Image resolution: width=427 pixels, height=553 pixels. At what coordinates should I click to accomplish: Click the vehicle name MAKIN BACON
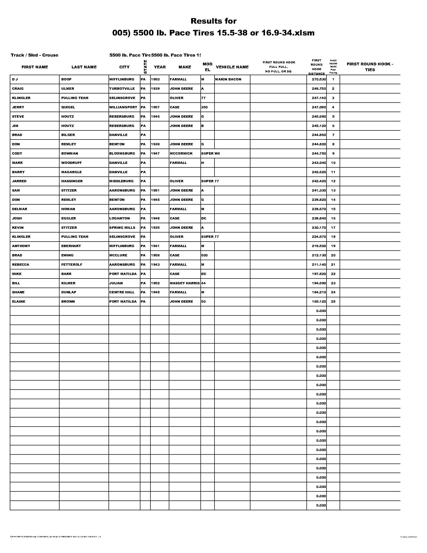click(x=228, y=79)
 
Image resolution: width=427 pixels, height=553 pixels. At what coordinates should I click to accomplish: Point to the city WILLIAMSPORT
click(x=123, y=107)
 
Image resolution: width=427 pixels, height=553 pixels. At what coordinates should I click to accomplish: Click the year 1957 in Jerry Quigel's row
click(x=155, y=107)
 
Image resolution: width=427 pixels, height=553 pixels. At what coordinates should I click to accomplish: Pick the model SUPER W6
click(x=210, y=153)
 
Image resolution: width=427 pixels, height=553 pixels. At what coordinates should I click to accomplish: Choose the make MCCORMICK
click(x=181, y=153)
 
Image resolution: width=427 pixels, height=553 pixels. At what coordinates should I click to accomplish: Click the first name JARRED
click(x=19, y=181)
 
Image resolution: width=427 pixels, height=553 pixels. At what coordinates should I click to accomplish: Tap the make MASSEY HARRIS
click(x=184, y=283)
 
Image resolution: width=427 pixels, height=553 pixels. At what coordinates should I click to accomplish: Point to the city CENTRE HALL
click(x=122, y=292)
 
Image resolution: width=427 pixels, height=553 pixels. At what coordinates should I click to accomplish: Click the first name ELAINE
click(x=19, y=302)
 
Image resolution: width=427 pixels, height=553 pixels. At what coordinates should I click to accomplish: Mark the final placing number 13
click(x=333, y=191)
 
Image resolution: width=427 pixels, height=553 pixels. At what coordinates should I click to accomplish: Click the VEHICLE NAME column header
click(x=232, y=67)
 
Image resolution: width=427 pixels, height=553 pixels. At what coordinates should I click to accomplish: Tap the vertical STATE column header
click(x=145, y=67)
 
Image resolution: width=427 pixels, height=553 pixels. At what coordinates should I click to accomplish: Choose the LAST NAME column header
click(x=84, y=67)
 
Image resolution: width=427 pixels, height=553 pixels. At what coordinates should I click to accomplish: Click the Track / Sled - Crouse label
click(x=34, y=55)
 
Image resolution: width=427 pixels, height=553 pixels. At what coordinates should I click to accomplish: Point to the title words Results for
click(x=213, y=21)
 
